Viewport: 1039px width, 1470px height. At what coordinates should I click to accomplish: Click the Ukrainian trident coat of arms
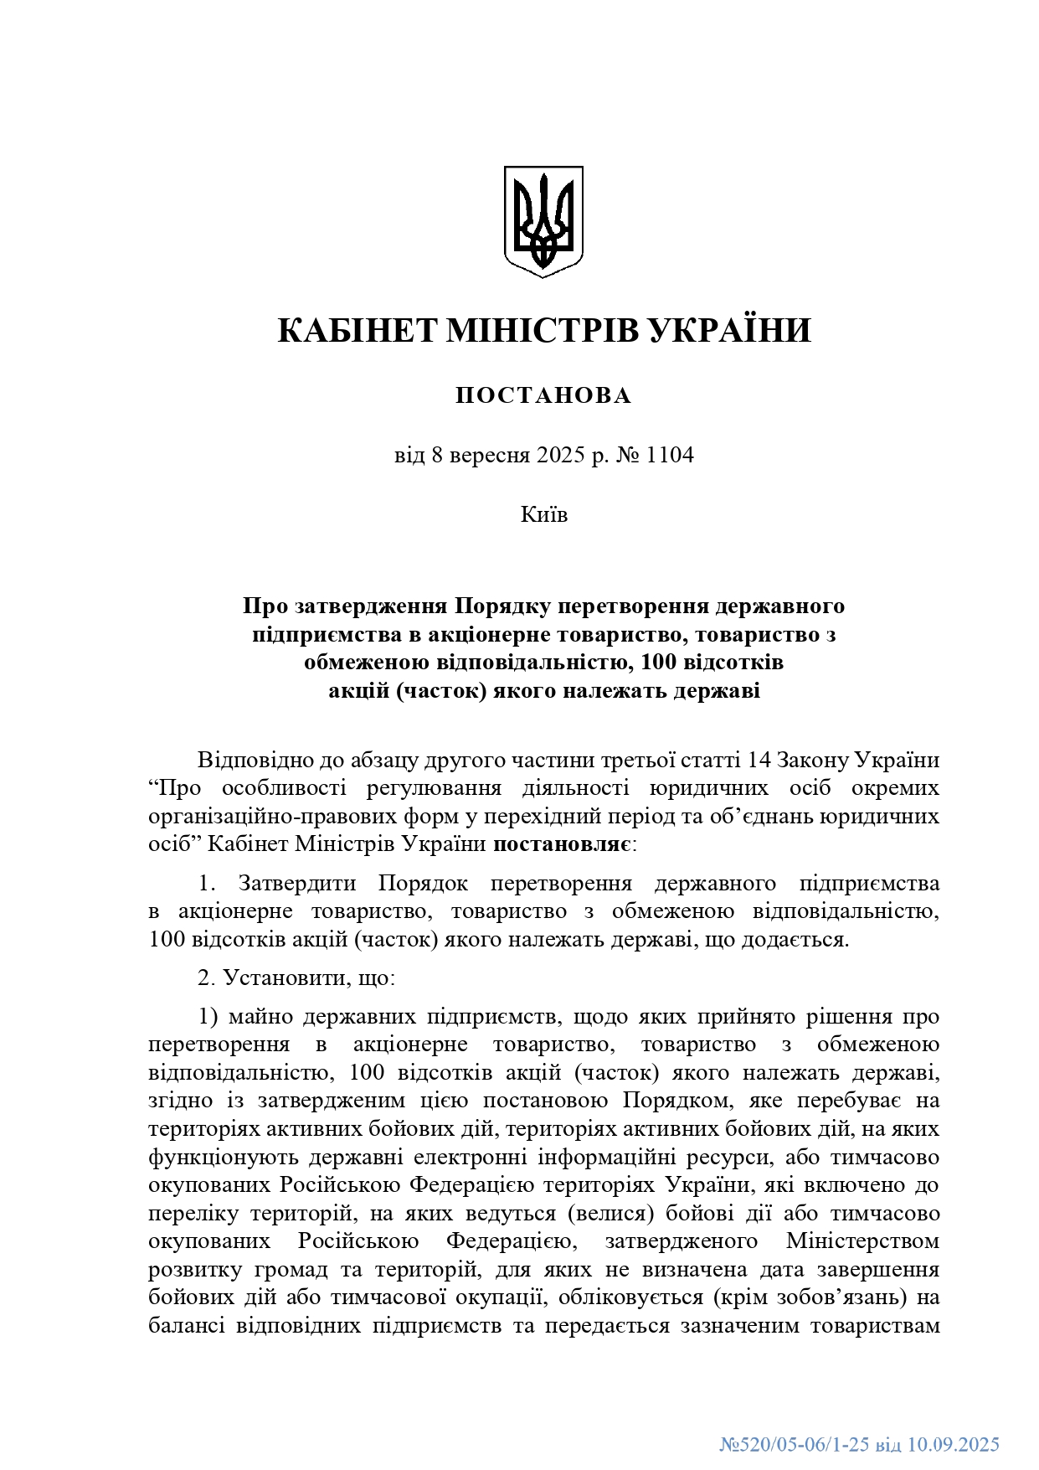(x=543, y=221)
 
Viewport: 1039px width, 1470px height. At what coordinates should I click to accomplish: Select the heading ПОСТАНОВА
(x=543, y=395)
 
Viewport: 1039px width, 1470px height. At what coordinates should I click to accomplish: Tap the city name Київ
(x=544, y=514)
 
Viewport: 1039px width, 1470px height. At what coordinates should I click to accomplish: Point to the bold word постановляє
(x=564, y=844)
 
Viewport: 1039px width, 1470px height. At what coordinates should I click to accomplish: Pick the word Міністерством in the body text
(x=862, y=1240)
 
